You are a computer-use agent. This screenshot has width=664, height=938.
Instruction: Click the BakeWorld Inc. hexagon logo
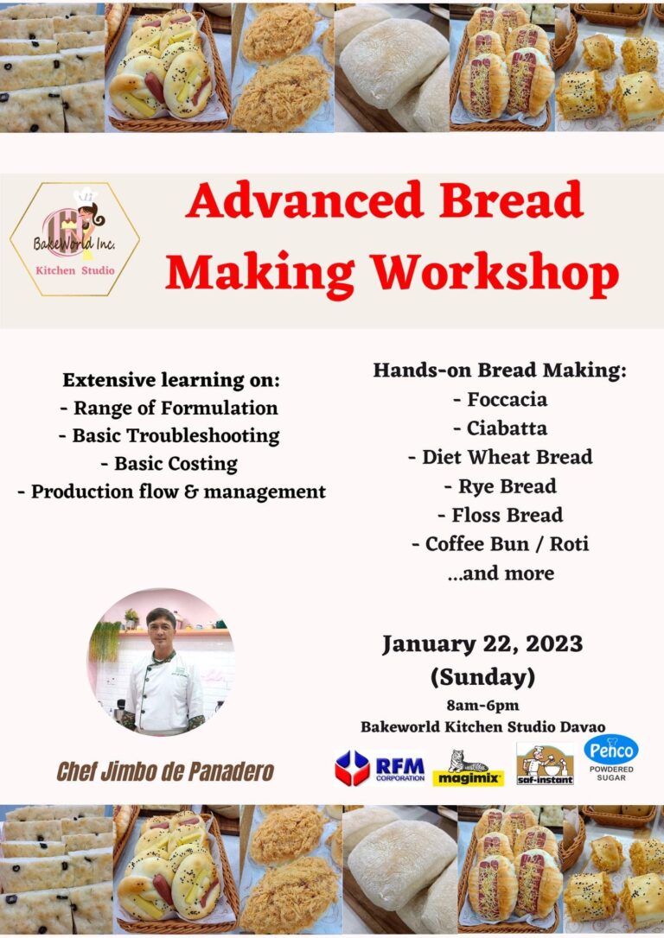(74, 239)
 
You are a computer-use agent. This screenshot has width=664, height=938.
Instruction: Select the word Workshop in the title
(495, 274)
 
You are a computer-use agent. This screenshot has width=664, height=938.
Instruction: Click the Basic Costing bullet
(169, 464)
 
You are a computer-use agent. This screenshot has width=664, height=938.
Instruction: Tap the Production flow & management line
(171, 491)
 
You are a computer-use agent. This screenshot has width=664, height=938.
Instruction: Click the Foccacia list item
(500, 400)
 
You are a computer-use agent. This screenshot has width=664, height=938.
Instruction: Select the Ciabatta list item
(500, 428)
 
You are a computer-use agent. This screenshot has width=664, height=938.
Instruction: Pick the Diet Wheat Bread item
(500, 457)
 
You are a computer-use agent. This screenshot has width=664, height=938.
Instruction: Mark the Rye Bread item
(500, 486)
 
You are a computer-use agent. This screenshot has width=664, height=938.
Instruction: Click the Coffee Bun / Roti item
(500, 544)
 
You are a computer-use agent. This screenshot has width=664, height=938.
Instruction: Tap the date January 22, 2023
(482, 644)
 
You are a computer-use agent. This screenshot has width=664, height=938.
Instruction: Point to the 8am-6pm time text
(482, 704)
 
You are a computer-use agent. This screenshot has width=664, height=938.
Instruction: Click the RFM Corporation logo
(380, 767)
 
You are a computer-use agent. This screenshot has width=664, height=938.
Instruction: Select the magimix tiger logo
(469, 768)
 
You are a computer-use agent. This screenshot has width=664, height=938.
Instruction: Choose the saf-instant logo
(545, 764)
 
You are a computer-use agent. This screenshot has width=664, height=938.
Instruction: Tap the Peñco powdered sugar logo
(611, 757)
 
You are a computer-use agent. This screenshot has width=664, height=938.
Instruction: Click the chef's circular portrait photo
(161, 662)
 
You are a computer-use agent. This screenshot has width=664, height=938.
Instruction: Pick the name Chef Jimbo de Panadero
(165, 771)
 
